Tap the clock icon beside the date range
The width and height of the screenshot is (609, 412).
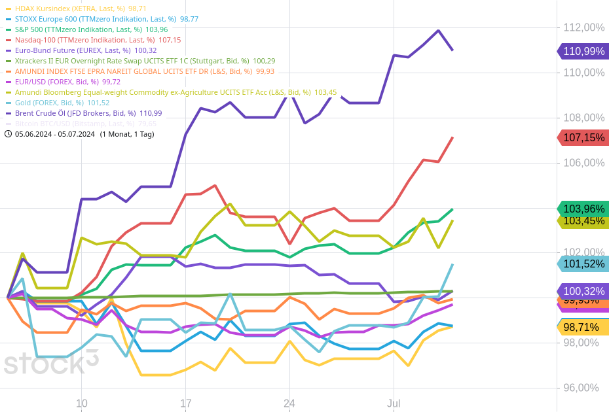8,134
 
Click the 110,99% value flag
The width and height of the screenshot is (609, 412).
583,52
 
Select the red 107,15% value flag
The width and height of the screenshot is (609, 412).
583,137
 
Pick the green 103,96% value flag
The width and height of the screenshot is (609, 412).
583,209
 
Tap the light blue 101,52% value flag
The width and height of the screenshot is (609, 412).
583,264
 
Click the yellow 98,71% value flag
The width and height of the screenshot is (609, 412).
583,327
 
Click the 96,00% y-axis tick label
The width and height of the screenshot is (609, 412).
580,388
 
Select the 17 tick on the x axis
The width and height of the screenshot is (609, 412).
185,403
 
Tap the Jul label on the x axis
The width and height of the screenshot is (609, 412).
394,403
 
